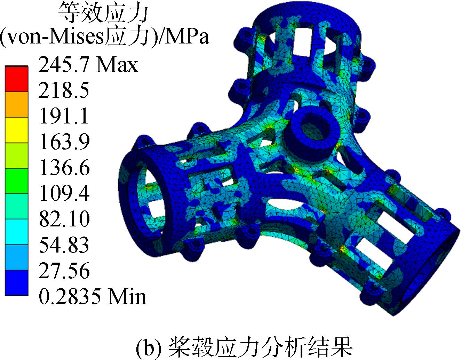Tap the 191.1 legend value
64,115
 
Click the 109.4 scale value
64,192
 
